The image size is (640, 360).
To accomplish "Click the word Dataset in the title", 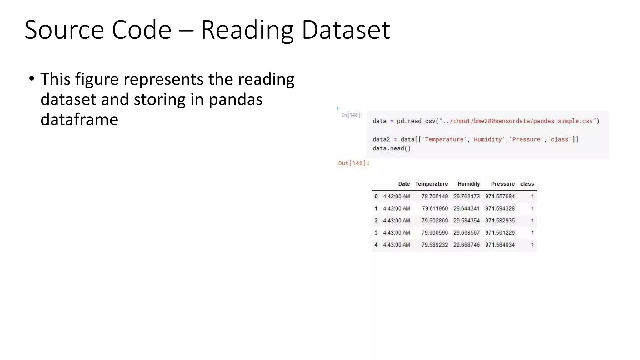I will tap(346, 30).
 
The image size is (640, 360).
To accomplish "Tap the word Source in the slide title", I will tap(64, 30).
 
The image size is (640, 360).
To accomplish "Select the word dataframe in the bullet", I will tap(79, 119).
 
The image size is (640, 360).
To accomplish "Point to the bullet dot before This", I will tap(31, 79).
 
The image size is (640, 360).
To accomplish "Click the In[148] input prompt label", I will tap(352, 115).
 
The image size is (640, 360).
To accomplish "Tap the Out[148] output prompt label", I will tap(353, 163).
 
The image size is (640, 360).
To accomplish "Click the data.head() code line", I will tap(392, 148).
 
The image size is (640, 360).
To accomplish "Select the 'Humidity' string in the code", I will tap(487, 139).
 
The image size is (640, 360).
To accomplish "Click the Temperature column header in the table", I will tap(431, 184).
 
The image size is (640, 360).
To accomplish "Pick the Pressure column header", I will tap(502, 184).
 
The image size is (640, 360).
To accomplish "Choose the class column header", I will tap(527, 184).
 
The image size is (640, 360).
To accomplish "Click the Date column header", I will tap(404, 184).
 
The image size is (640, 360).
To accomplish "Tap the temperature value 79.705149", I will tap(434, 197).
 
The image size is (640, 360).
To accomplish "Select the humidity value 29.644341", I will tap(466, 208).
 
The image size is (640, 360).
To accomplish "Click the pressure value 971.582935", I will tap(500, 221).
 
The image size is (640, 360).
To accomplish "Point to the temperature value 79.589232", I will tap(434, 245).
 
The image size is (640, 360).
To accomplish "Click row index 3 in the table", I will tap(376, 233).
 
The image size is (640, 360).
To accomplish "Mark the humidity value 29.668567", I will tap(466, 233).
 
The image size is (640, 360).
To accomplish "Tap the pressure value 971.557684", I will tap(500, 197).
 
